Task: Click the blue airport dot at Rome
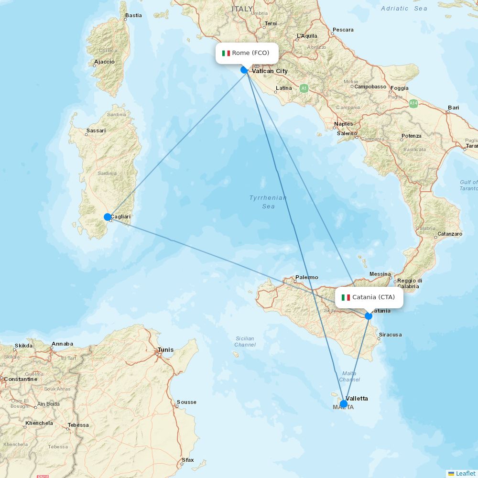(x=244, y=70)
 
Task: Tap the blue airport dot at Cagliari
(x=108, y=217)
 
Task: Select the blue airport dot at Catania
(x=369, y=316)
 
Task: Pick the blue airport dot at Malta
(x=344, y=404)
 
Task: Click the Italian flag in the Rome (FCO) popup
(x=226, y=53)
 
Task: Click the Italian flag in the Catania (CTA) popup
(x=346, y=297)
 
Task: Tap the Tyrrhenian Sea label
(x=268, y=202)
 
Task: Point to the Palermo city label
(x=306, y=277)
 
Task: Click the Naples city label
(x=344, y=124)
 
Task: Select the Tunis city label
(x=165, y=349)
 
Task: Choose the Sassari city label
(x=96, y=130)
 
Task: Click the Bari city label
(x=453, y=108)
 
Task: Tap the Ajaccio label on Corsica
(x=104, y=62)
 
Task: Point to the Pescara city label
(x=343, y=30)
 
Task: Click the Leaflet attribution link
(x=465, y=473)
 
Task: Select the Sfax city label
(x=188, y=460)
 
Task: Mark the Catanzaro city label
(x=450, y=234)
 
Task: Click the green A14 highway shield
(x=413, y=103)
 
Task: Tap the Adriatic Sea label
(x=404, y=9)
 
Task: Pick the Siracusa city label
(x=390, y=335)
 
